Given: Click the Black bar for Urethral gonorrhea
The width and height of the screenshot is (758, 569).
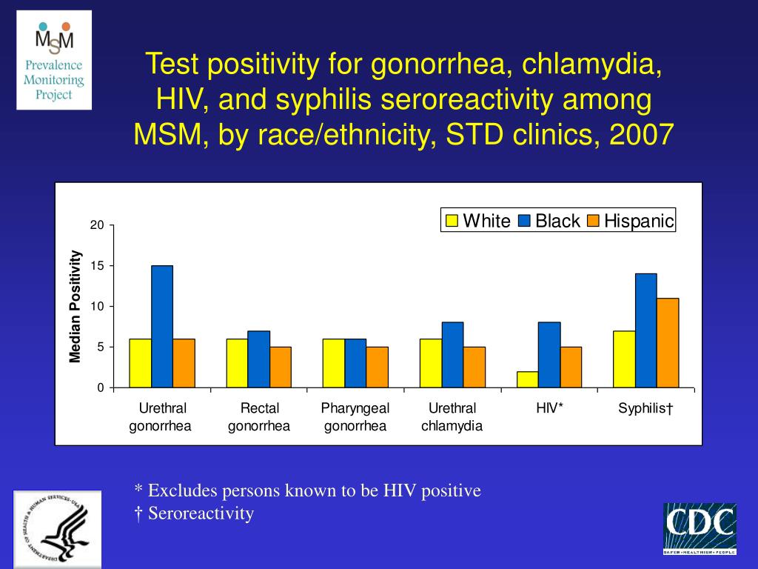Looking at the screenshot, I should (162, 327).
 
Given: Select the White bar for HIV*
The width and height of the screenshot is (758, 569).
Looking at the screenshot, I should (527, 379).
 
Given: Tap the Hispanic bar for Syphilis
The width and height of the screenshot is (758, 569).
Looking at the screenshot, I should (668, 343).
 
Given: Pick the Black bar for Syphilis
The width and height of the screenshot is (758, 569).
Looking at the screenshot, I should (645, 330).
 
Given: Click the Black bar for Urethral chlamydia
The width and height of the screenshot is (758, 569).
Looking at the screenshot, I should (452, 355).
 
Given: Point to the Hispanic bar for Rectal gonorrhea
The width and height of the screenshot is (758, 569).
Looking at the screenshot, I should (281, 367).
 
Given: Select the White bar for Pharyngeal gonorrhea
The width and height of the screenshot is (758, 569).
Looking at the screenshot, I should (334, 363).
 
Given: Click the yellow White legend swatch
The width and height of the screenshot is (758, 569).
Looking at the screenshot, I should (451, 221).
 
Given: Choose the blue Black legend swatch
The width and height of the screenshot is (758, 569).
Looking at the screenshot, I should (524, 221).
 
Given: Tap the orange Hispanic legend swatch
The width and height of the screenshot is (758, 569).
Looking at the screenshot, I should (593, 221).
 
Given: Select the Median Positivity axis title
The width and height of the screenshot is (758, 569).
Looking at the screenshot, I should (75, 307).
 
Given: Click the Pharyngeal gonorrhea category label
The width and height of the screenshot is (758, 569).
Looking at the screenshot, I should (355, 417).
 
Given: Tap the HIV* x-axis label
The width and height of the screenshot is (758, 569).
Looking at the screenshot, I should (549, 408).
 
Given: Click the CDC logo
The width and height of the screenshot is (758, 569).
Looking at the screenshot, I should (700, 528).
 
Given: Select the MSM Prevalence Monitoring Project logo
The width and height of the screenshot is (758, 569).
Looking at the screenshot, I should (55, 60).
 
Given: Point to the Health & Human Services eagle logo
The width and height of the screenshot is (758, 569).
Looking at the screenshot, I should (57, 529).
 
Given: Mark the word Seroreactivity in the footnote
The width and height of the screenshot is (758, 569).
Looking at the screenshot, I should (201, 513).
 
